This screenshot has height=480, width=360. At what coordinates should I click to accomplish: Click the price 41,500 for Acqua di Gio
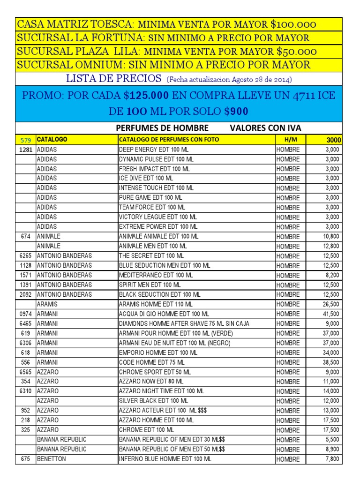pyautogui.click(x=331, y=314)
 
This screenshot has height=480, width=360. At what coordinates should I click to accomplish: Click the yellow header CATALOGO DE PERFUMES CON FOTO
pyautogui.click(x=169, y=140)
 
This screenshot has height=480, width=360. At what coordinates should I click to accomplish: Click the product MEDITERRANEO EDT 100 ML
pyautogui.click(x=157, y=275)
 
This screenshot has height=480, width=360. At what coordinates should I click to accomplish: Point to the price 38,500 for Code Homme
pyautogui.click(x=331, y=362)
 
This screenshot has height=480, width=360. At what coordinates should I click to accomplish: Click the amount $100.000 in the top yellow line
pyautogui.click(x=293, y=24)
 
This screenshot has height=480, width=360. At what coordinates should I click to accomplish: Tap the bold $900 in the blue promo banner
pyautogui.click(x=236, y=112)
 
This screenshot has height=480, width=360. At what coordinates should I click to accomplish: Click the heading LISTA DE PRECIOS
pyautogui.click(x=114, y=78)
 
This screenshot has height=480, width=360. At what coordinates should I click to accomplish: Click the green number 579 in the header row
pyautogui.click(x=26, y=140)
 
